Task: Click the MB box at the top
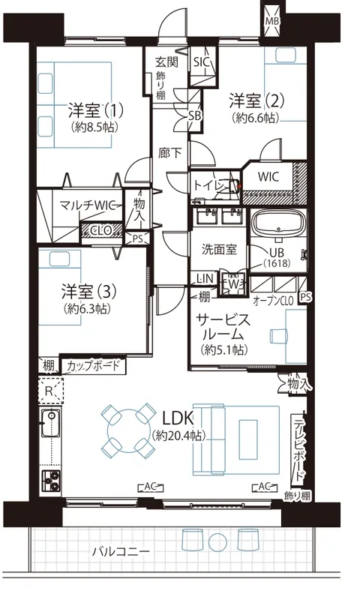[x=272, y=21]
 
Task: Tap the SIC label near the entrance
[x=201, y=62]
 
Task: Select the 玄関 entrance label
[x=166, y=61]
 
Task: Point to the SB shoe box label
[x=194, y=115]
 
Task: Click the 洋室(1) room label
[x=96, y=110]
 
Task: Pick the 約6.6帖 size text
[x=255, y=118]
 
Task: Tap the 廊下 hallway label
[x=169, y=153]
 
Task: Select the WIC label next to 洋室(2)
[x=268, y=176]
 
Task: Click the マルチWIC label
[x=88, y=205]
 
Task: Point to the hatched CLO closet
[x=101, y=230]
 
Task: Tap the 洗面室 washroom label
[x=219, y=250]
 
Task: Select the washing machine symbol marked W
[x=233, y=284]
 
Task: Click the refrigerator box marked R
[x=50, y=390]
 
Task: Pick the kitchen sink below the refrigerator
[x=50, y=423]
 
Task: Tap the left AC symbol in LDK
[x=151, y=487]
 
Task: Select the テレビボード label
[x=298, y=450]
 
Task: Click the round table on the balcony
[x=217, y=541]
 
